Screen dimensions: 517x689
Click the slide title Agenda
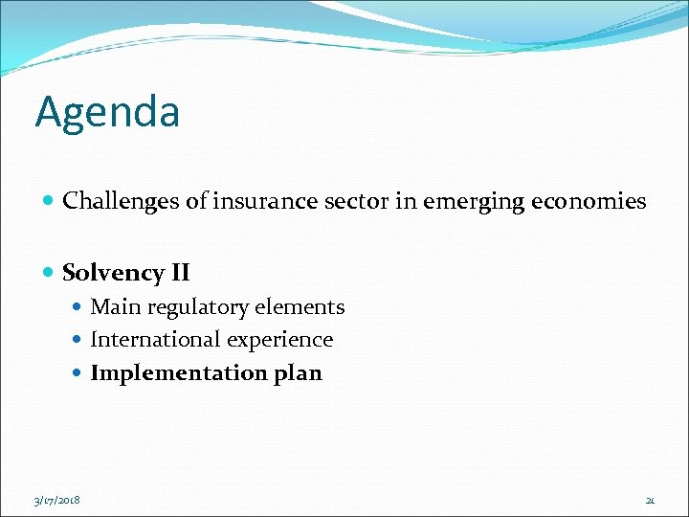(x=107, y=112)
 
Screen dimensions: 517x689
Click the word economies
(x=589, y=201)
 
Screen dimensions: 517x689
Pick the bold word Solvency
(x=114, y=274)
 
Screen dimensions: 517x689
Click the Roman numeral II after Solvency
(x=180, y=273)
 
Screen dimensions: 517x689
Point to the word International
(x=149, y=340)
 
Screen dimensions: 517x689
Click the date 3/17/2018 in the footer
(x=57, y=500)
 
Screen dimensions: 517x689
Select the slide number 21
(x=650, y=500)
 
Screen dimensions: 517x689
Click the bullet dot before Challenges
(x=49, y=202)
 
